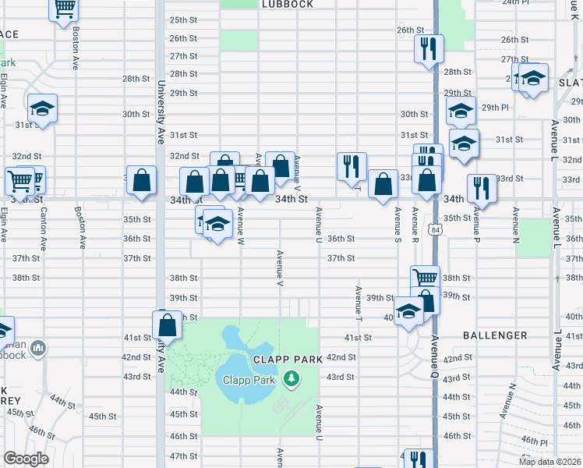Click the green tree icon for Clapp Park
pyautogui.click(x=291, y=378)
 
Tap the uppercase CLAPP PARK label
pyautogui.click(x=282, y=359)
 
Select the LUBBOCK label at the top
pyautogui.click(x=287, y=5)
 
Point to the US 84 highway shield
pyautogui.click(x=433, y=229)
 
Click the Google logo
pyautogui.click(x=26, y=459)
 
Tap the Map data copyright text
pyautogui.click(x=550, y=462)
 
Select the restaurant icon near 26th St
pyautogui.click(x=428, y=49)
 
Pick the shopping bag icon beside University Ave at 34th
pyautogui.click(x=141, y=180)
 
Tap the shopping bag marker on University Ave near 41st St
pyautogui.click(x=167, y=324)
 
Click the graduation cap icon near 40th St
pyautogui.click(x=408, y=311)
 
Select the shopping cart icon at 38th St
pyautogui.click(x=425, y=277)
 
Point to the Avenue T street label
pyautogui.click(x=358, y=305)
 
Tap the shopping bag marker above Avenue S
pyautogui.click(x=383, y=185)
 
